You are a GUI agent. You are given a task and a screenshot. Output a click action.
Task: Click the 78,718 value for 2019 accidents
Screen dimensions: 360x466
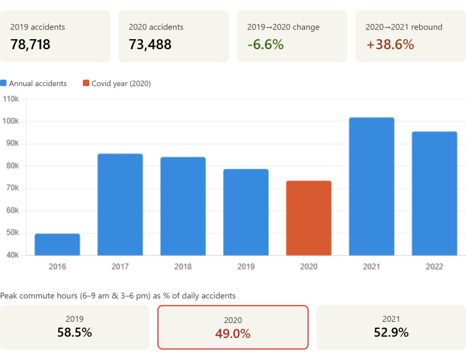[x=30, y=45]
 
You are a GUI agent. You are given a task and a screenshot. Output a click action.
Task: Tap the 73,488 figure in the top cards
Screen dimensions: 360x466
[x=150, y=45]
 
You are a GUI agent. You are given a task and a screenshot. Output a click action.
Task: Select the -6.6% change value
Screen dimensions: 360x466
[x=266, y=45]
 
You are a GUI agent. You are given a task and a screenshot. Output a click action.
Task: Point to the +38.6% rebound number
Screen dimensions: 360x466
[x=390, y=45]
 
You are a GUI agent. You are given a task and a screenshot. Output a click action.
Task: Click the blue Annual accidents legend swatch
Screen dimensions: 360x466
[x=4, y=83]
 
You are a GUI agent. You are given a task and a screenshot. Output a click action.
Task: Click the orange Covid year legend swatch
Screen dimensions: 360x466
[x=86, y=83]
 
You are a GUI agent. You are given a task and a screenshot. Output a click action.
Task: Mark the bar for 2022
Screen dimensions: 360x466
[x=435, y=193]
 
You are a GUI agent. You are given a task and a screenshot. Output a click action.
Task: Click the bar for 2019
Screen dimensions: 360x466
[x=246, y=212]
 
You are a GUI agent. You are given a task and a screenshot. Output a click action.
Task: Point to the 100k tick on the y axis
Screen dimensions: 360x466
[x=12, y=121]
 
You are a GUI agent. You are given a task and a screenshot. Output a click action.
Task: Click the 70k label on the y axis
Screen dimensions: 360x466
[x=12, y=188]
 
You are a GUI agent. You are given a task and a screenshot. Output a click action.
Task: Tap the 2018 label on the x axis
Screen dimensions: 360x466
[x=183, y=267]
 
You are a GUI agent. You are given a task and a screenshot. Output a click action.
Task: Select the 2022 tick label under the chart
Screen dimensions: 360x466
[x=435, y=267]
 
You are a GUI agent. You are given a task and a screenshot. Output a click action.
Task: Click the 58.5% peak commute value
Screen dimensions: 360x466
[x=75, y=333]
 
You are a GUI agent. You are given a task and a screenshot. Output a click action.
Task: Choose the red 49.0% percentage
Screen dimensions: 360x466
[x=233, y=334]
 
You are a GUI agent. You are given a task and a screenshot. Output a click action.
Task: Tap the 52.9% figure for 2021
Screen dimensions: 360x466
[x=391, y=333]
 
